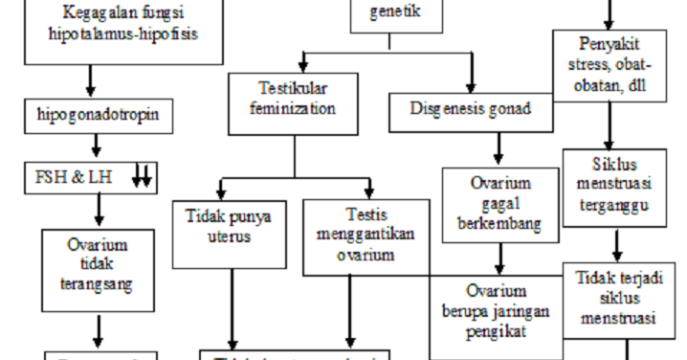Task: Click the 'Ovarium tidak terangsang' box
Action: (97, 264)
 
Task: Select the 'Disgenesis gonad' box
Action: (473, 109)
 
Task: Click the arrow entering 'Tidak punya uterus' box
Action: (221, 186)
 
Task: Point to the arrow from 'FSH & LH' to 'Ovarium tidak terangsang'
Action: (96, 210)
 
